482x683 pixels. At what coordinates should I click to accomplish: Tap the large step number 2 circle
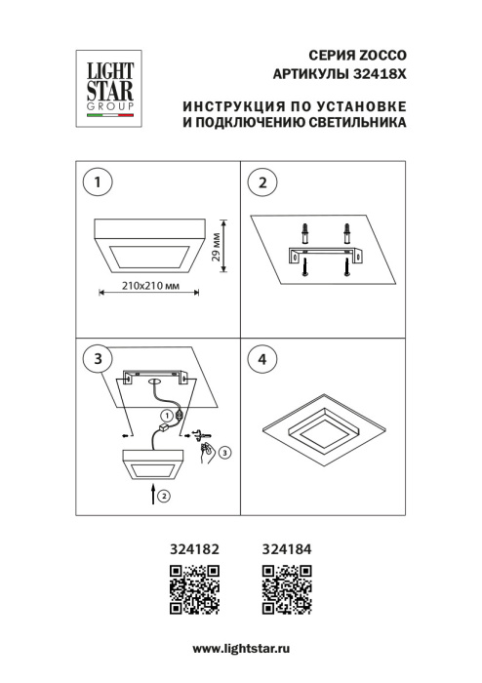point(261,182)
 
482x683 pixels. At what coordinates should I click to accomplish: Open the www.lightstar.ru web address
point(241,648)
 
